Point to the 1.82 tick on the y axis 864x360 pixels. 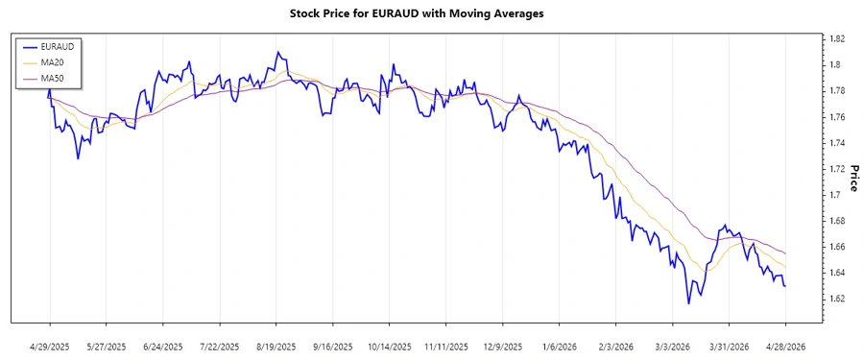836,38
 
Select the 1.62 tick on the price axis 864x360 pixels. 836,299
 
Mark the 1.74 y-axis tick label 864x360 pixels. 836,143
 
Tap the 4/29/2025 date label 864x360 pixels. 50,346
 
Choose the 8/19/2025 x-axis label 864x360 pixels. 276,346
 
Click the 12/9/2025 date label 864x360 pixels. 502,346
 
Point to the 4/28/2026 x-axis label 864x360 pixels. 785,346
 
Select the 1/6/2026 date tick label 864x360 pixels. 559,346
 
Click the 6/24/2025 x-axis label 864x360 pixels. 163,346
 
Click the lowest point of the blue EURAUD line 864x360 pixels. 688,303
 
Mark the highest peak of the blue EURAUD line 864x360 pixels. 277,52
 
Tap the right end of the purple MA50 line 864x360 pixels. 786,253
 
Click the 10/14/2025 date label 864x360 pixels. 390,346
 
